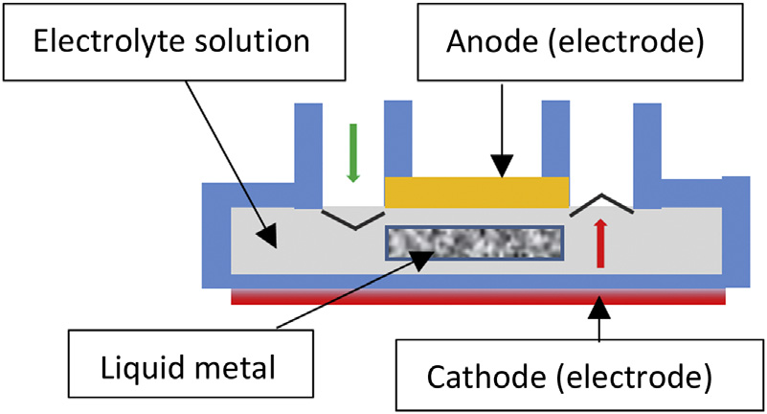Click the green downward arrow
(351, 153)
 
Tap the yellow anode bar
(476, 192)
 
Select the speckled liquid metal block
(474, 243)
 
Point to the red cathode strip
(478, 297)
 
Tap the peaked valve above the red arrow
(600, 203)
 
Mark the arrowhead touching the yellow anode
(501, 171)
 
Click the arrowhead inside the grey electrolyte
(270, 233)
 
